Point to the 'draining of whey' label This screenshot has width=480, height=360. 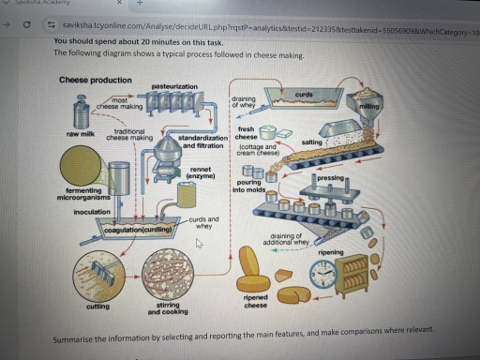(246, 103)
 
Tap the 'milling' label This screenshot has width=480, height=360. (370, 107)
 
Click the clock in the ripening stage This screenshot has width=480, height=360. (323, 273)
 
